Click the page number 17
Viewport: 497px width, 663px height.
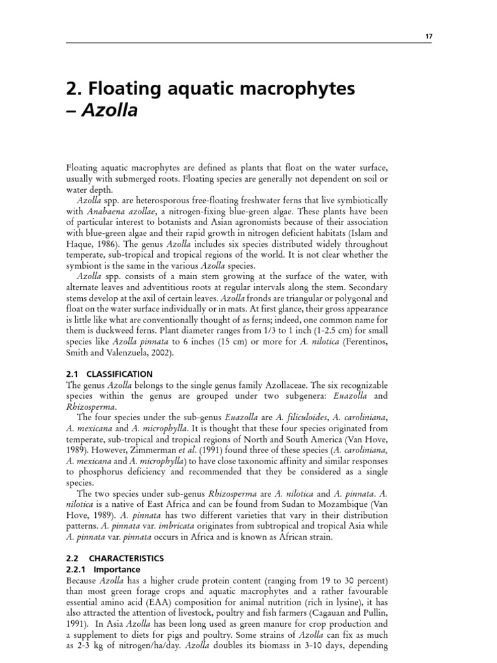click(428, 37)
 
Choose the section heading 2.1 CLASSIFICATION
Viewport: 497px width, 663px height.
click(110, 374)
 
